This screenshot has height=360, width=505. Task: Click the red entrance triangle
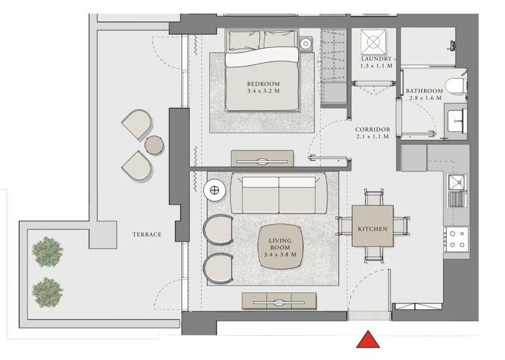[368, 340]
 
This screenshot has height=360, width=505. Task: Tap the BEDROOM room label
[263, 84]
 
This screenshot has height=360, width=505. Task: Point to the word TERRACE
[147, 235]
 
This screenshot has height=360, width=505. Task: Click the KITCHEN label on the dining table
[372, 229]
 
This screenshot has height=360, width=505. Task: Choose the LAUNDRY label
[376, 59]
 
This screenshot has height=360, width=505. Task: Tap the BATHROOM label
[423, 91]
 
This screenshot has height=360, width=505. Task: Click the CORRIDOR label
[373, 130]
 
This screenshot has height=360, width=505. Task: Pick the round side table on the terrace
[155, 145]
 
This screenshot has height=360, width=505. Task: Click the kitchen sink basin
[456, 182]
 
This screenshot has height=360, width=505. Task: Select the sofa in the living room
[279, 194]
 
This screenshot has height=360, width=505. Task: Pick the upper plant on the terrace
[47, 252]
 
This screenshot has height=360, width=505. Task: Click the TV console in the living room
[279, 302]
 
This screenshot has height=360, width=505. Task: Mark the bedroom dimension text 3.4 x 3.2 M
[263, 92]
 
